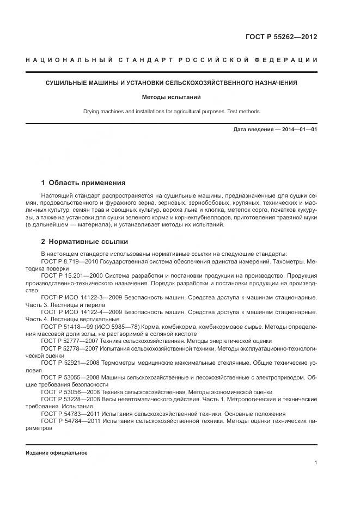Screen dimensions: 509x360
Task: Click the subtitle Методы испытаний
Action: pyautogui.click(x=172, y=98)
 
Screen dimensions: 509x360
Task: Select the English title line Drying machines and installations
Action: pyautogui.click(x=172, y=112)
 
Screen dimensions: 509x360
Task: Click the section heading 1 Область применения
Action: pyautogui.click(x=83, y=183)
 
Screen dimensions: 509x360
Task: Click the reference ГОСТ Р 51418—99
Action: pyautogui.click(x=69, y=326)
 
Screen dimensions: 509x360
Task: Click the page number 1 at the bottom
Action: pyautogui.click(x=316, y=463)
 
